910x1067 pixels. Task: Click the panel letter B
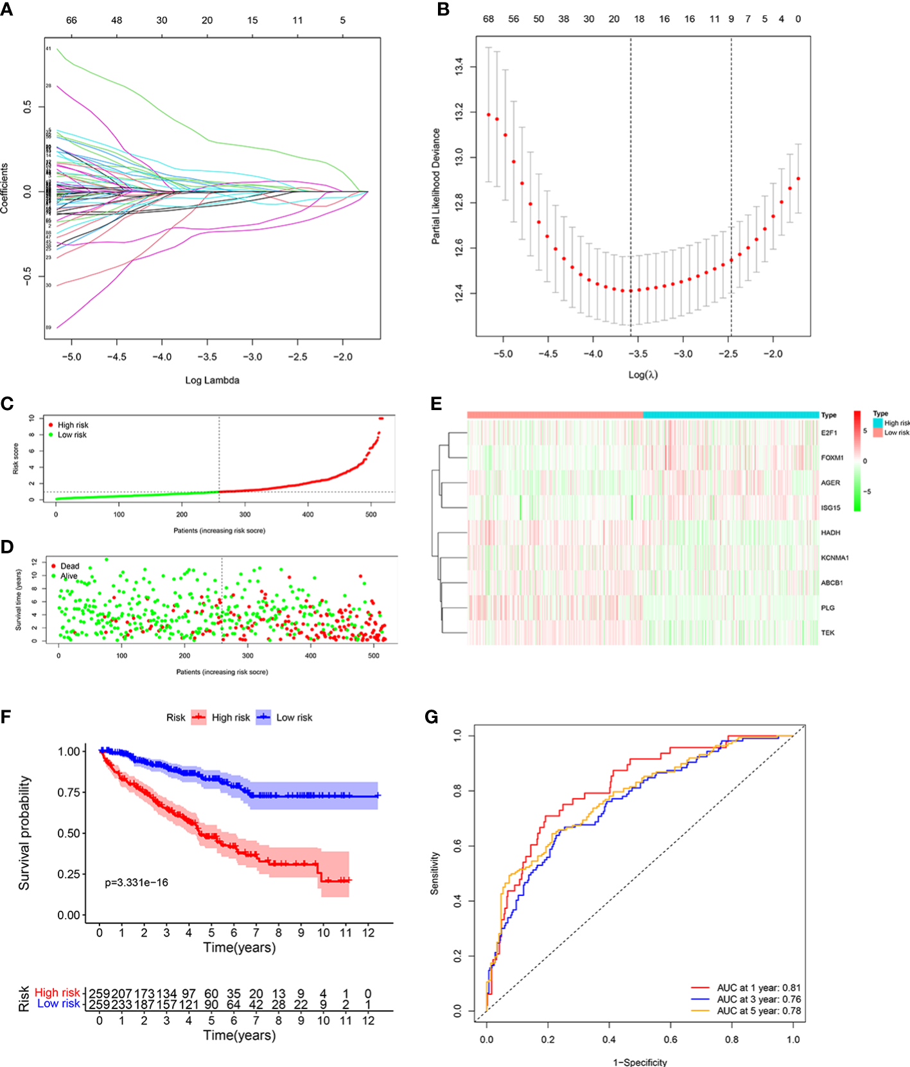tap(442, 10)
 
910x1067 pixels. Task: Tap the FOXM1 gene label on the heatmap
tap(832, 458)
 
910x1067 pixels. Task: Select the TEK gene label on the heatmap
tap(827, 633)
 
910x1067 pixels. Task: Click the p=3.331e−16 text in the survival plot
tap(137, 883)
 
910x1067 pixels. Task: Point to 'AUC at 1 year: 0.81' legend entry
tap(758, 988)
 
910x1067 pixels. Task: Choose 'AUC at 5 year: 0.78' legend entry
tap(758, 1011)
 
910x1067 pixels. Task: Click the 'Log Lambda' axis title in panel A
tap(212, 381)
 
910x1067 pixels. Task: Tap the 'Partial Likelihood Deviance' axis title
tap(436, 186)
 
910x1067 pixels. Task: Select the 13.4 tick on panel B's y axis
tap(459, 66)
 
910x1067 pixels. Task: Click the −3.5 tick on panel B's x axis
tap(637, 354)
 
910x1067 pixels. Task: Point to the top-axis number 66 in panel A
tap(71, 21)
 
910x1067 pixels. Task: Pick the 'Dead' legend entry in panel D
tap(69, 566)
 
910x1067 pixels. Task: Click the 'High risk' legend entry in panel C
tap(73, 425)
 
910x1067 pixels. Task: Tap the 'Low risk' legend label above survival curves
tap(294, 717)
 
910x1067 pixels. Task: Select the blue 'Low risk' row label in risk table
tap(58, 1004)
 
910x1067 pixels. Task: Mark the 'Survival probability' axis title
tap(24, 832)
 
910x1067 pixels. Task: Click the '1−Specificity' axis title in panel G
tap(640, 1062)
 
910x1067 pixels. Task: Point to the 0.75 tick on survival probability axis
tap(69, 793)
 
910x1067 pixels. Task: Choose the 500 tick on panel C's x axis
tap(371, 515)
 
